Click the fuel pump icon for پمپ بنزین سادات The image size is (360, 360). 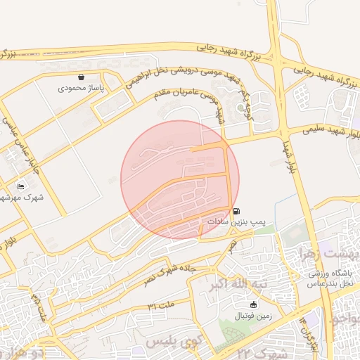click(236, 210)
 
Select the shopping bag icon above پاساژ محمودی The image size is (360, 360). click(82, 77)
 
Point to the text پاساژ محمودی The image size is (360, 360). click(80, 89)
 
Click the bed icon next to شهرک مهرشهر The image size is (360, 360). click(20, 186)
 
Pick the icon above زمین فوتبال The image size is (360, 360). click(254, 304)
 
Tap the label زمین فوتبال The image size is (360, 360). click(255, 315)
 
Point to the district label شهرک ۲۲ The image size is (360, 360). click(264, 352)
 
